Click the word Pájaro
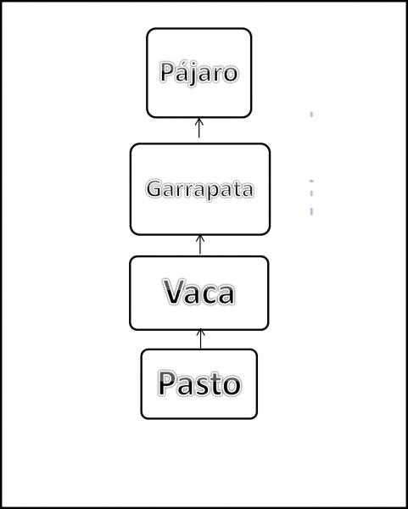tap(199, 72)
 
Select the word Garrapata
tap(199, 189)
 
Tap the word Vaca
tap(198, 292)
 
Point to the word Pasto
tap(199, 383)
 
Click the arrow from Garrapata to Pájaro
tap(199, 128)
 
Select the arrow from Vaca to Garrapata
tap(200, 245)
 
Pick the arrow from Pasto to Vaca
tap(200, 338)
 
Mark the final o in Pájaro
tap(231, 75)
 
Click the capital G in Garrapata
tap(154, 188)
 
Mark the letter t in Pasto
tap(215, 384)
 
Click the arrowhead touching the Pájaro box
tap(199, 121)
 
